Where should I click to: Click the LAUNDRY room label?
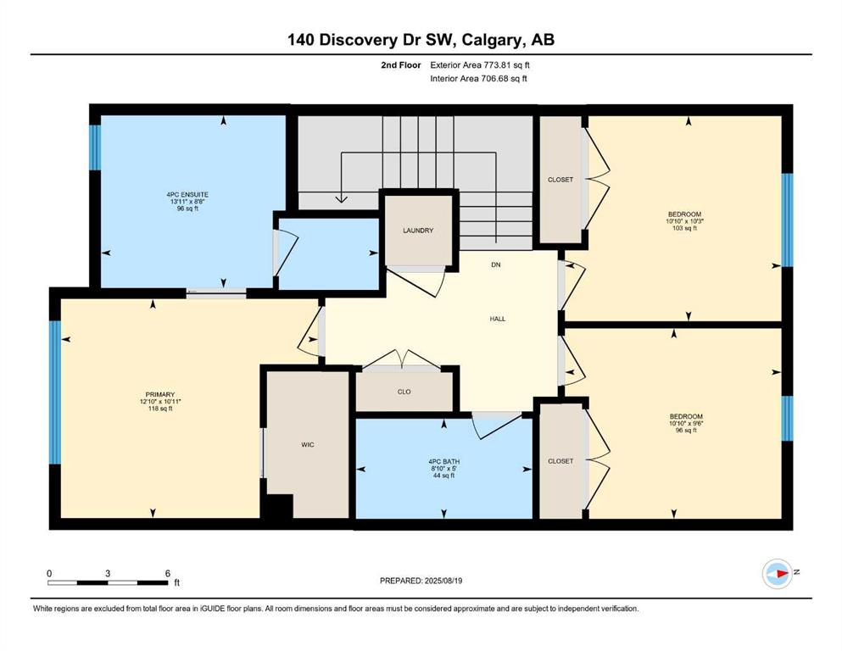click(418, 231)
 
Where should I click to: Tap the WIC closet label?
click(308, 444)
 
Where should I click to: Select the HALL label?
click(497, 319)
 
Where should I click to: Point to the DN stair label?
click(496, 264)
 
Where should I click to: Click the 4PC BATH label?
click(443, 462)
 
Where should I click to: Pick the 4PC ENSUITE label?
click(187, 195)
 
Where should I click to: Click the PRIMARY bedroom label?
click(160, 394)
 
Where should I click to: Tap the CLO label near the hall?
click(404, 392)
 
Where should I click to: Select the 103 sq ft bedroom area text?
click(684, 228)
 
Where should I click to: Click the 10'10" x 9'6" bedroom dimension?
click(686, 424)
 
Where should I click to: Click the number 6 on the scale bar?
click(168, 573)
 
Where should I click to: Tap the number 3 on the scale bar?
click(108, 573)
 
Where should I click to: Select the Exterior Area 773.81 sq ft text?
click(480, 65)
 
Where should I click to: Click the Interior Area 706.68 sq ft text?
click(478, 78)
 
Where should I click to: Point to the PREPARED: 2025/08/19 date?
click(421, 581)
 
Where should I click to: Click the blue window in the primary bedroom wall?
click(55, 392)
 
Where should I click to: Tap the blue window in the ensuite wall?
click(95, 147)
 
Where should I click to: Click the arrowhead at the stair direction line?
click(341, 198)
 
